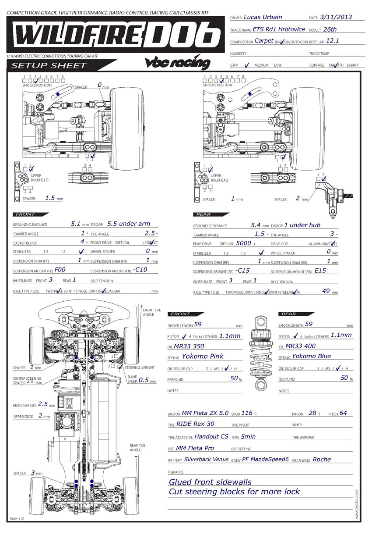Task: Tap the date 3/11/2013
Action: [336, 18]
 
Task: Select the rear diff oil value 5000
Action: [243, 243]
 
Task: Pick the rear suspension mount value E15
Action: [320, 271]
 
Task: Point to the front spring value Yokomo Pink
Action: [203, 357]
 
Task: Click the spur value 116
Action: [247, 413]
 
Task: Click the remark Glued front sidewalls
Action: [210, 482]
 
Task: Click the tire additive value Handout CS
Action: [211, 436]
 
